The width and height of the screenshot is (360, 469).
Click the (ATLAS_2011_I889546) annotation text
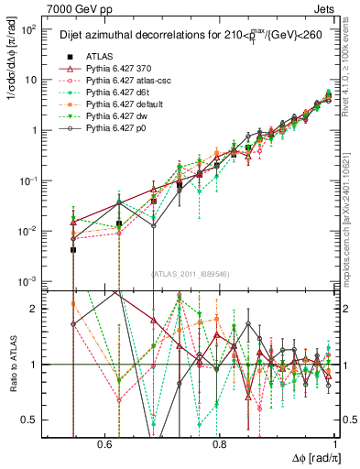pos(191,273)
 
